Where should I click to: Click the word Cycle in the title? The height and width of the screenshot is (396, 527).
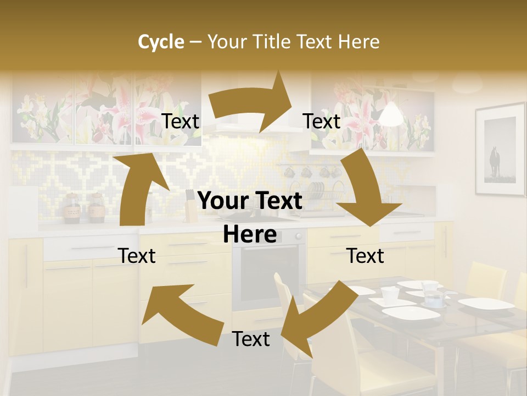[x=161, y=42]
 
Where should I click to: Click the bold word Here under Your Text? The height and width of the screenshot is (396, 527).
[x=250, y=234]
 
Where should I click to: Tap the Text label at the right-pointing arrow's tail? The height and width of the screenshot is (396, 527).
[x=180, y=122]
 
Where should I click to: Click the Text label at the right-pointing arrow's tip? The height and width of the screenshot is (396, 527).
[x=322, y=122]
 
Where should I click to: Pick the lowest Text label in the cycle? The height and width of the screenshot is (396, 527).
[x=251, y=339]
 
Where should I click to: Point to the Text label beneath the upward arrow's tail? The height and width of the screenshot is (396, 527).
[x=137, y=256]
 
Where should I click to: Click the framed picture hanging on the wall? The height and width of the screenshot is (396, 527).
[x=500, y=150]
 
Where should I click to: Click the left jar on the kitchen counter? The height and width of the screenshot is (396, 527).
[x=71, y=208]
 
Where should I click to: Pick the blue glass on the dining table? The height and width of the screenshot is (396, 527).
[x=434, y=299]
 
